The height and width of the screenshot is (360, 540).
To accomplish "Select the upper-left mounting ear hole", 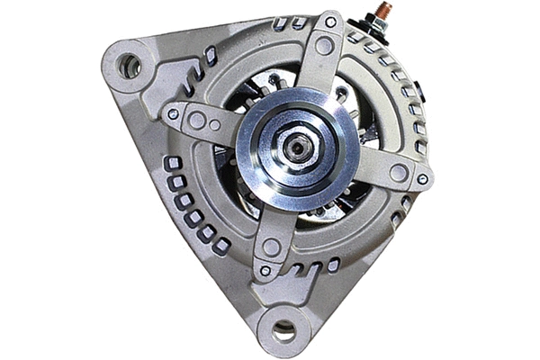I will click(129, 65).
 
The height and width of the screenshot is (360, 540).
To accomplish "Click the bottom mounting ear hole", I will click(283, 330).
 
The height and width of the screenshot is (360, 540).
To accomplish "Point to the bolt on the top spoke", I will click(330, 22).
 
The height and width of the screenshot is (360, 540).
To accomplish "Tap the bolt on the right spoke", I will click(422, 178).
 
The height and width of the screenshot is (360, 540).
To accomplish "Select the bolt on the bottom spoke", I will click(265, 270).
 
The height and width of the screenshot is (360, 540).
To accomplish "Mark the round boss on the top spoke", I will click(324, 45).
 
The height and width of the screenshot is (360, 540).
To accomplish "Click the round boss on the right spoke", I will click(398, 172).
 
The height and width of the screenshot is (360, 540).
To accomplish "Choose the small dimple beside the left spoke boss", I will click(215, 125).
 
